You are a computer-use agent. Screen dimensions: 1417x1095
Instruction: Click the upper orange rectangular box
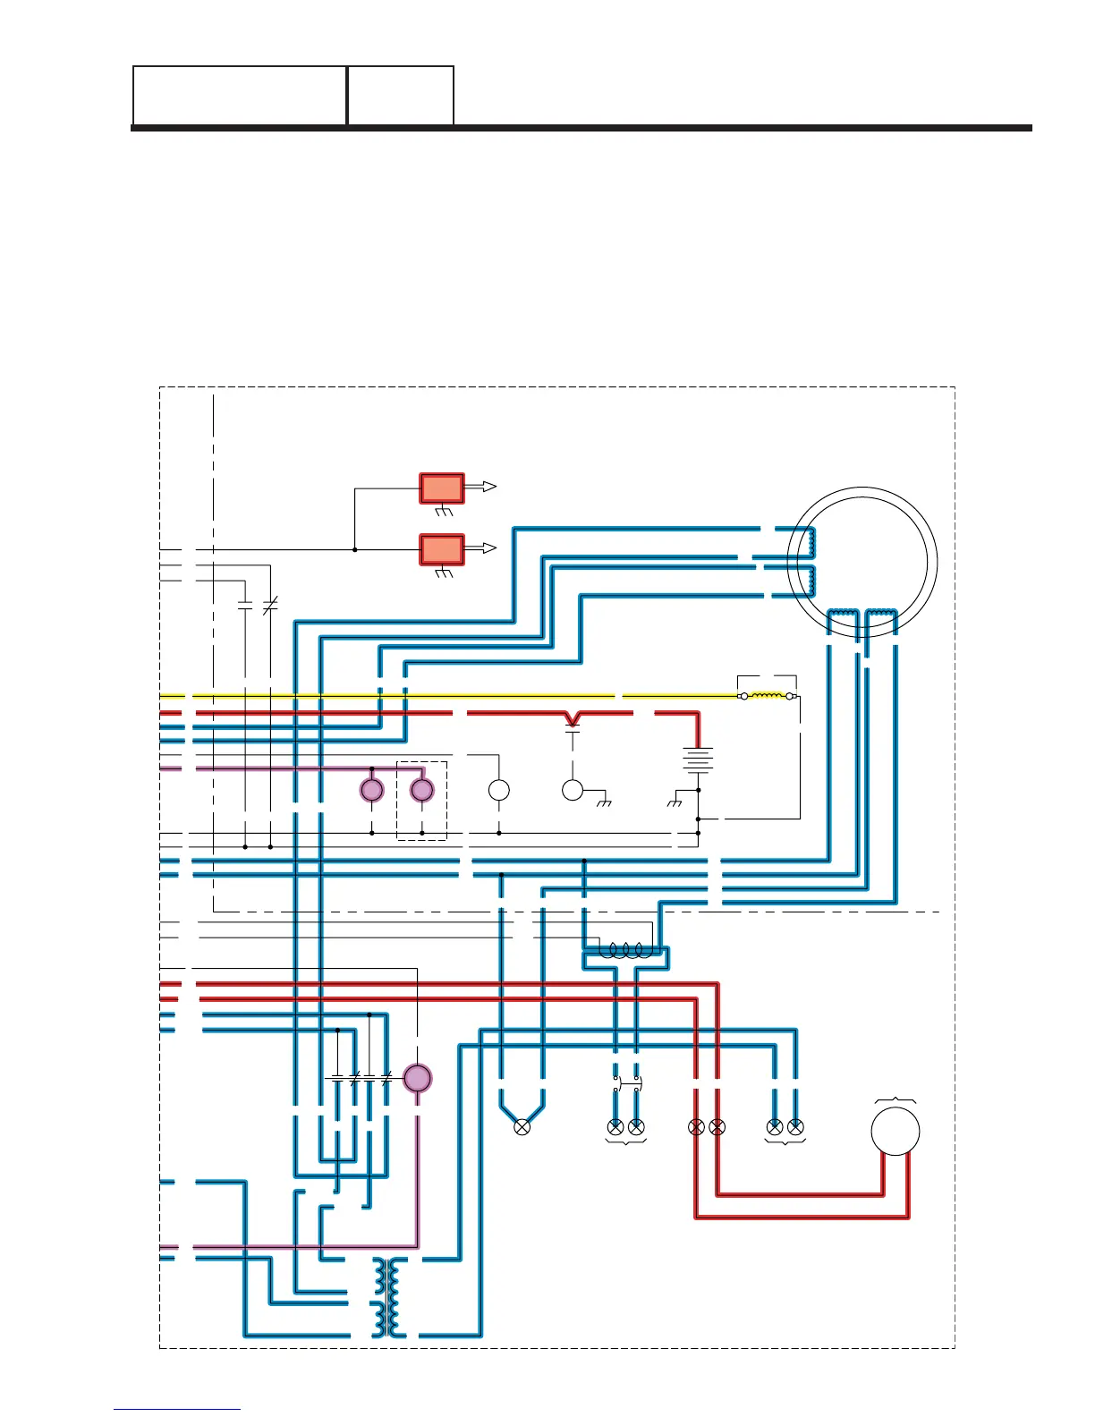click(x=442, y=488)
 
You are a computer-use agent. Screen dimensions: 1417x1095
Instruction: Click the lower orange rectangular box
click(x=442, y=549)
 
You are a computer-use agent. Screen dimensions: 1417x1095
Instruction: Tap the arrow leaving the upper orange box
click(x=483, y=487)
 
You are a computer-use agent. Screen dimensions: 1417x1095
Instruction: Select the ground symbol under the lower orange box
click(x=444, y=573)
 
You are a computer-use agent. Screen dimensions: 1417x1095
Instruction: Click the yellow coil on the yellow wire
click(x=767, y=695)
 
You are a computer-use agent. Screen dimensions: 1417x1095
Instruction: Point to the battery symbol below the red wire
click(x=698, y=759)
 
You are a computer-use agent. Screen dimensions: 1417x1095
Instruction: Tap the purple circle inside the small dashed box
click(x=421, y=790)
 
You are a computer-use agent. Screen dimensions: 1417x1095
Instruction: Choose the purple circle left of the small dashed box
click(x=371, y=790)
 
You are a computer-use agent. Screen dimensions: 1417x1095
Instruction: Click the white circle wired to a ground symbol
click(x=573, y=790)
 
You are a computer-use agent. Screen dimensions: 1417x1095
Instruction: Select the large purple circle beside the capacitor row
click(x=417, y=1078)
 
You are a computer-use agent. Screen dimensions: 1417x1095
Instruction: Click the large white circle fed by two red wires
click(x=895, y=1131)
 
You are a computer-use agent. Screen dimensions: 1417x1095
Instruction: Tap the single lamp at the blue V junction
click(x=522, y=1127)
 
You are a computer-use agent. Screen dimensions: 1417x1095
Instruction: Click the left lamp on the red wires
click(x=696, y=1127)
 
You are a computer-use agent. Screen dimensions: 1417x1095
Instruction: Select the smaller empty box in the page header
click(x=400, y=95)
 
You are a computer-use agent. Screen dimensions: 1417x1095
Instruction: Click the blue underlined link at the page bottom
click(x=177, y=1409)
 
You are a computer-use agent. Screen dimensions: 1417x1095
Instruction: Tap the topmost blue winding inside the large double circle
click(x=811, y=540)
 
